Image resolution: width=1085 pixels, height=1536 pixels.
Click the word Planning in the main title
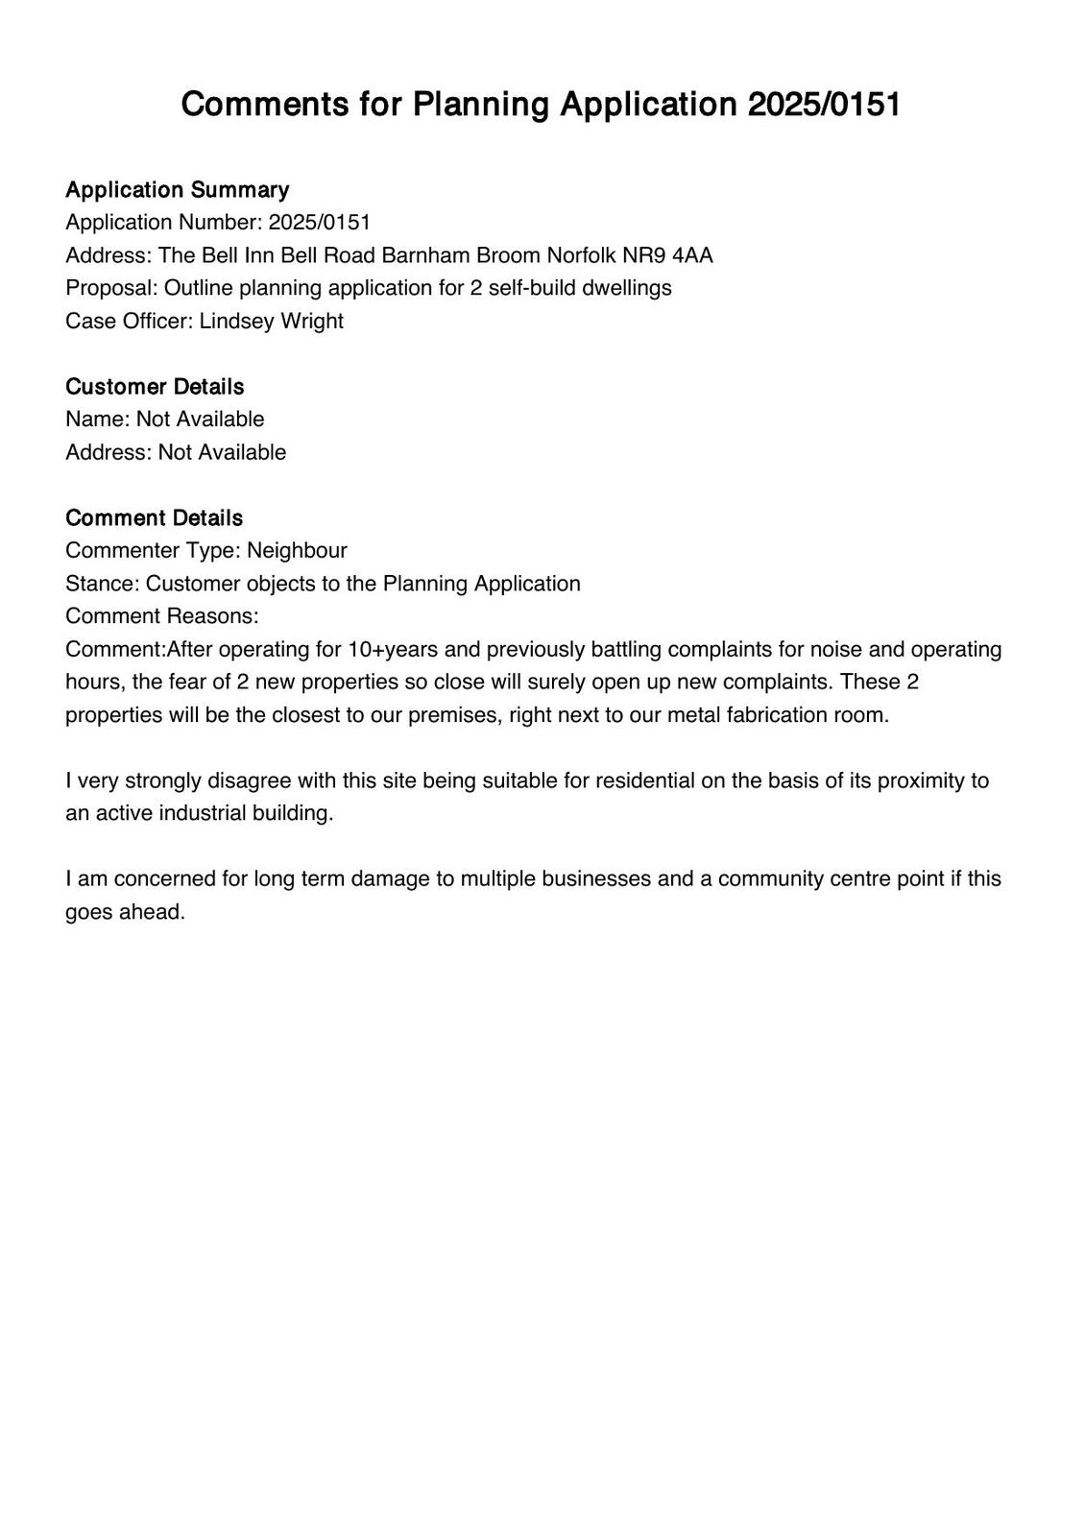(x=481, y=104)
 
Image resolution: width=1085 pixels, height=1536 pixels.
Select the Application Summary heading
(x=177, y=189)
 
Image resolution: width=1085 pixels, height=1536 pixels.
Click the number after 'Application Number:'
(x=319, y=222)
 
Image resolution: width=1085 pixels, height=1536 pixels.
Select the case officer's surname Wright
(x=311, y=321)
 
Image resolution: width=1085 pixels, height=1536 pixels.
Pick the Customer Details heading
(x=155, y=386)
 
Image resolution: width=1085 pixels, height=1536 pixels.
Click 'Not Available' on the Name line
(x=200, y=419)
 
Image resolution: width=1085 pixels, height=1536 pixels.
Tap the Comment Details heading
(x=154, y=517)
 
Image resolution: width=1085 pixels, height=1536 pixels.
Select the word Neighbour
(x=297, y=550)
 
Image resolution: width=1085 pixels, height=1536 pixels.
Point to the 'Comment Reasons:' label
(x=161, y=615)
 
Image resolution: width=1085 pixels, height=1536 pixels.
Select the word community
(x=767, y=878)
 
